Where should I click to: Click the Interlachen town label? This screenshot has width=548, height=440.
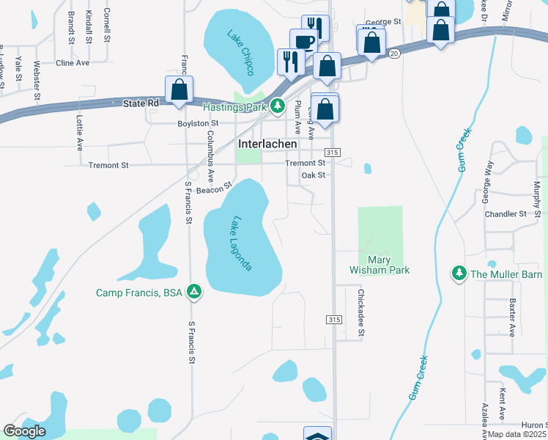(x=267, y=144)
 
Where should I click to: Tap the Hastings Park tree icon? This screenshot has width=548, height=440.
(x=277, y=107)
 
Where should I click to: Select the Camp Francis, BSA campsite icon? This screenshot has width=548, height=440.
(x=194, y=293)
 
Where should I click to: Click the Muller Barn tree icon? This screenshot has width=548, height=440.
(x=459, y=274)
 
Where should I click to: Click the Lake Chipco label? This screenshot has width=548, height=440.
(x=240, y=47)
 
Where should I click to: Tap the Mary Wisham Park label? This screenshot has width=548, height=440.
(x=379, y=265)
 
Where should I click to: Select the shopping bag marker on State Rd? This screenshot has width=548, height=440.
(x=179, y=91)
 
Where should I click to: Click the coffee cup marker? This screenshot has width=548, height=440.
(x=303, y=43)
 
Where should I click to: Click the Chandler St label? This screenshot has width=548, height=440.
(x=506, y=214)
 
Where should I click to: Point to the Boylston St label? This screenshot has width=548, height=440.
(x=198, y=123)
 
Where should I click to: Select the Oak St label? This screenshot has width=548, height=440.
(x=313, y=175)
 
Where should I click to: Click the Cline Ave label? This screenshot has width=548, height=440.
(x=73, y=63)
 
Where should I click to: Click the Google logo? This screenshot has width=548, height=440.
(x=24, y=431)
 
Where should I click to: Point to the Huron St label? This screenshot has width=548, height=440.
(x=533, y=425)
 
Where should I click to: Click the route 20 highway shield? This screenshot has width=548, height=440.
(x=394, y=54)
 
